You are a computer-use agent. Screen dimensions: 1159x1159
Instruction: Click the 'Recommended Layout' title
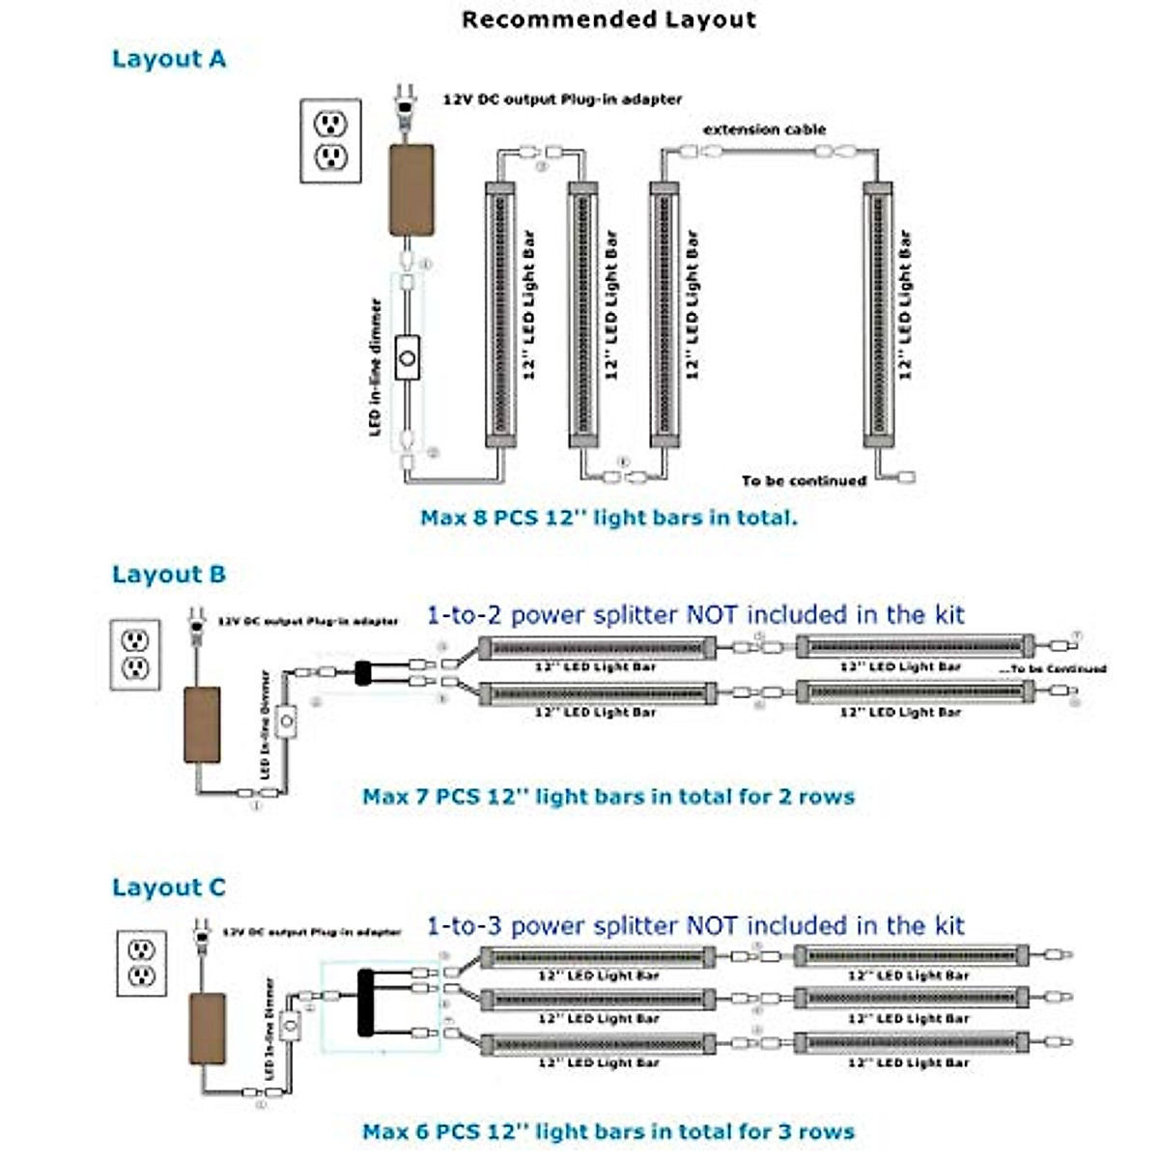(608, 20)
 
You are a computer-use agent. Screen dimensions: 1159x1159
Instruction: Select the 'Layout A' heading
(169, 59)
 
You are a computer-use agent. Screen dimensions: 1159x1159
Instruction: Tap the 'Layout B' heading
(169, 575)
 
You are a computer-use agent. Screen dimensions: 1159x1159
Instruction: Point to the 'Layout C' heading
(169, 888)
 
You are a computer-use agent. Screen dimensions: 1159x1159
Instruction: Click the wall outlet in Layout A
(330, 140)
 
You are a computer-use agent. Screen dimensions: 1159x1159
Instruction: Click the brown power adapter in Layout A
(411, 190)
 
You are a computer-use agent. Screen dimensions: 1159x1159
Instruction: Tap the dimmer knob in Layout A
(408, 358)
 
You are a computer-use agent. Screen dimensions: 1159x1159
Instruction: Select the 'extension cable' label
(764, 129)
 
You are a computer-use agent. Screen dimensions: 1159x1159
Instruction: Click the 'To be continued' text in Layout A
(804, 480)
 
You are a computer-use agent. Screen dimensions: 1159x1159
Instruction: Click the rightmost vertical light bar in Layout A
(878, 314)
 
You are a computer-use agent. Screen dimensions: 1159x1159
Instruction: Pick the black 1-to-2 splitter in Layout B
(364, 673)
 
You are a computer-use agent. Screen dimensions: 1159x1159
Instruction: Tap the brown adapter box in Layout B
(202, 724)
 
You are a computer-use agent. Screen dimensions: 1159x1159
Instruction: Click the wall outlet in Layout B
(135, 655)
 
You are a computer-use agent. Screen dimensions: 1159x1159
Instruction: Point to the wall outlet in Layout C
(142, 962)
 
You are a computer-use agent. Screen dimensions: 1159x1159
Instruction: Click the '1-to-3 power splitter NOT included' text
(695, 926)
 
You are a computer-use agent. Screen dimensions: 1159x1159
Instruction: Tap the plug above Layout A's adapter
(406, 102)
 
